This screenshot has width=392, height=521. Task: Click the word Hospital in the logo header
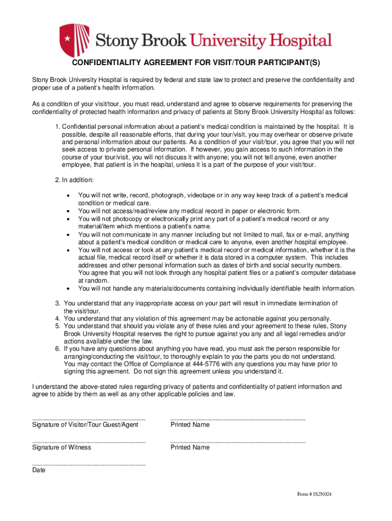(298, 41)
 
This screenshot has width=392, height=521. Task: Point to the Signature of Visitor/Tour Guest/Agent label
(85, 425)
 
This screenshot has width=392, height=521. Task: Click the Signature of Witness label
(62, 448)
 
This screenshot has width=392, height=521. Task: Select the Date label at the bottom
(39, 471)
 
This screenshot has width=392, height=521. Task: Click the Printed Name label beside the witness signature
(190, 448)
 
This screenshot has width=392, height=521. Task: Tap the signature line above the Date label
(89, 464)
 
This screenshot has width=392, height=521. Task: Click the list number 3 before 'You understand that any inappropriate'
(58, 303)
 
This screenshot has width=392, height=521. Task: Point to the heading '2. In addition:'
(74, 181)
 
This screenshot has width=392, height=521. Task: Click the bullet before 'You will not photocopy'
(68, 219)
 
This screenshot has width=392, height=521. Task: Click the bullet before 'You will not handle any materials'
(68, 288)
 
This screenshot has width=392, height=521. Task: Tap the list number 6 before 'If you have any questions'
(58, 349)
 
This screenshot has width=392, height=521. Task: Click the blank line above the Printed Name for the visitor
(238, 418)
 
